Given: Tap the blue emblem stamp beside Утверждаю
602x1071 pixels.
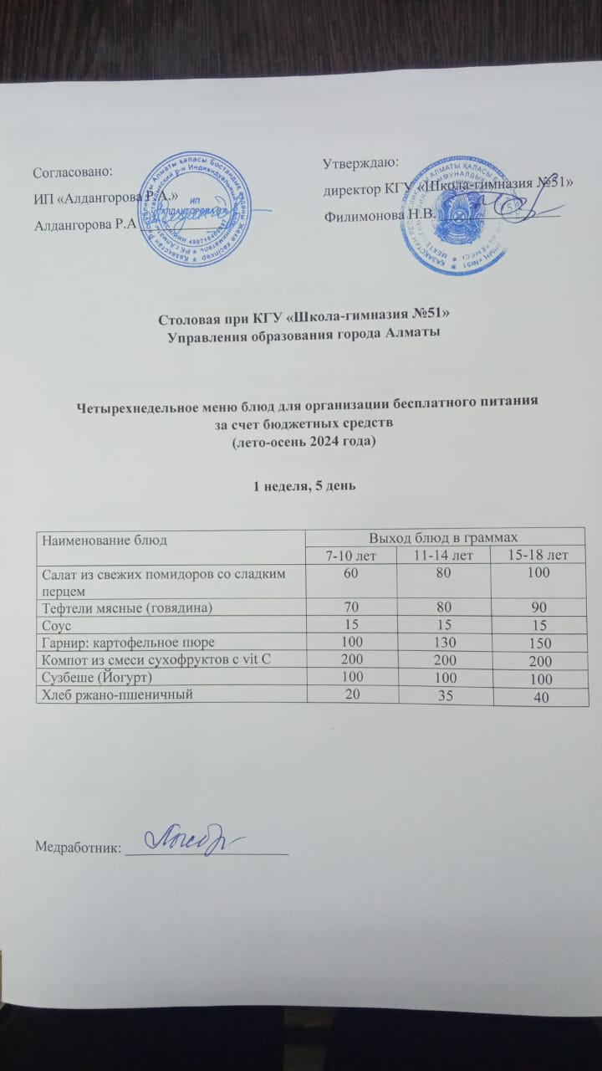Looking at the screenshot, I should click(x=457, y=213).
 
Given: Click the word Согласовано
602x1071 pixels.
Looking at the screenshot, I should click(x=72, y=172).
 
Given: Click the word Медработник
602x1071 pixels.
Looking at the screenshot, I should click(x=76, y=847).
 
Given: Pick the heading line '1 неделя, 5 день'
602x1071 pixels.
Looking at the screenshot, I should click(x=300, y=487).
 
